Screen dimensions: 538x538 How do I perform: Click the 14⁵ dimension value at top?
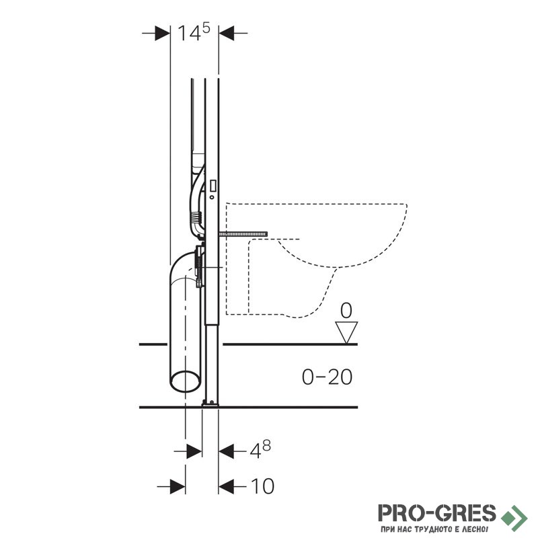[x=194, y=32]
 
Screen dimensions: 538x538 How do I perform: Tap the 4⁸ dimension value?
[x=260, y=450]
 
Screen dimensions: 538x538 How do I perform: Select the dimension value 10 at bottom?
[x=263, y=486]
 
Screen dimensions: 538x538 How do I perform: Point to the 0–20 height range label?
[x=327, y=377]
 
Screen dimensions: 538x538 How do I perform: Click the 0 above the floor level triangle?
[x=346, y=311]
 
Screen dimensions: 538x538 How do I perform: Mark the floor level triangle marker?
[x=346, y=332]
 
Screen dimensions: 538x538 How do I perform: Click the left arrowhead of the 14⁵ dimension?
[x=163, y=33]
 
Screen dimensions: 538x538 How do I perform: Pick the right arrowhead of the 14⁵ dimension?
[x=227, y=33]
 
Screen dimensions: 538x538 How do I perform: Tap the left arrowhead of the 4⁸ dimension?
[x=194, y=451]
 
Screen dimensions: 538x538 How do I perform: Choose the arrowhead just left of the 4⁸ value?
[x=226, y=451]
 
